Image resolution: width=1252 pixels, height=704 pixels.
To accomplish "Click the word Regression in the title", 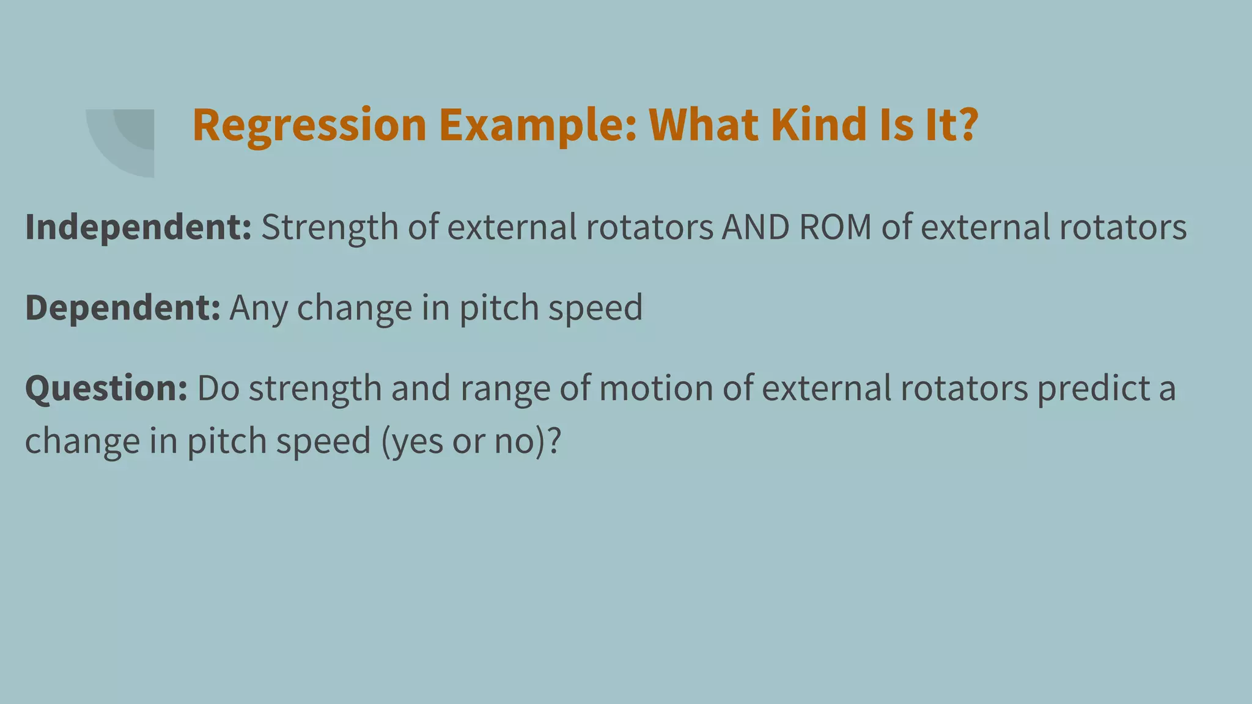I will pos(309,125).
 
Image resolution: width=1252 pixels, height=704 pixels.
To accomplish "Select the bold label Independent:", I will pos(138,227).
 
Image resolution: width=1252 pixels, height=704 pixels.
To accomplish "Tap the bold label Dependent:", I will pos(122,307).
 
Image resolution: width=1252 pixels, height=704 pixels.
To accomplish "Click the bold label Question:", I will pos(106,389).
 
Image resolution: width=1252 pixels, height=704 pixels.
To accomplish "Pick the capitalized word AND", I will pos(756,227).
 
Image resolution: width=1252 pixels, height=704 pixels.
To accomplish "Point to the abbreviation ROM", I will pos(835,227).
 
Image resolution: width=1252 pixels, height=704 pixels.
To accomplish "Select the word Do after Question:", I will pos(218,389).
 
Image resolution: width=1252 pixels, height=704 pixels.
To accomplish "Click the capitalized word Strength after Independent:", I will pos(330,227).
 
